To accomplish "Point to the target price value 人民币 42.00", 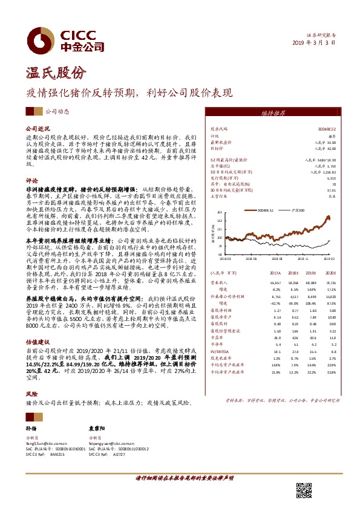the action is click(x=325, y=148).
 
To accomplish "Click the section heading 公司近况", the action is click(x=37, y=129).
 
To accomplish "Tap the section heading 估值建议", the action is click(x=37, y=342).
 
